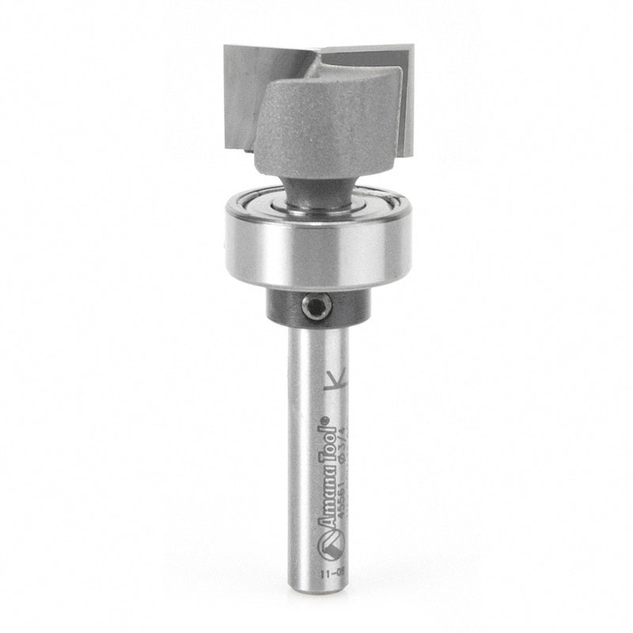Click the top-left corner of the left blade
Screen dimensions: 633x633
click(x=226, y=46)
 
